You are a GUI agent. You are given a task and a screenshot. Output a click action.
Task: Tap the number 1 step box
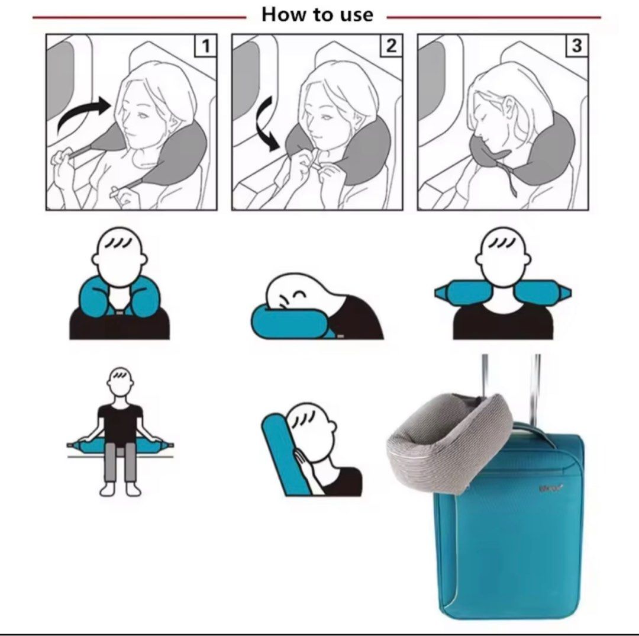205,46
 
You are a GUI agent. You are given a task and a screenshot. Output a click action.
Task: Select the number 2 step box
390,46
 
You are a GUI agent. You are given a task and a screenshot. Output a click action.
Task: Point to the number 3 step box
576,46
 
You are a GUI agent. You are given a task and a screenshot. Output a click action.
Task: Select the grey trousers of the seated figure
120,464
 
